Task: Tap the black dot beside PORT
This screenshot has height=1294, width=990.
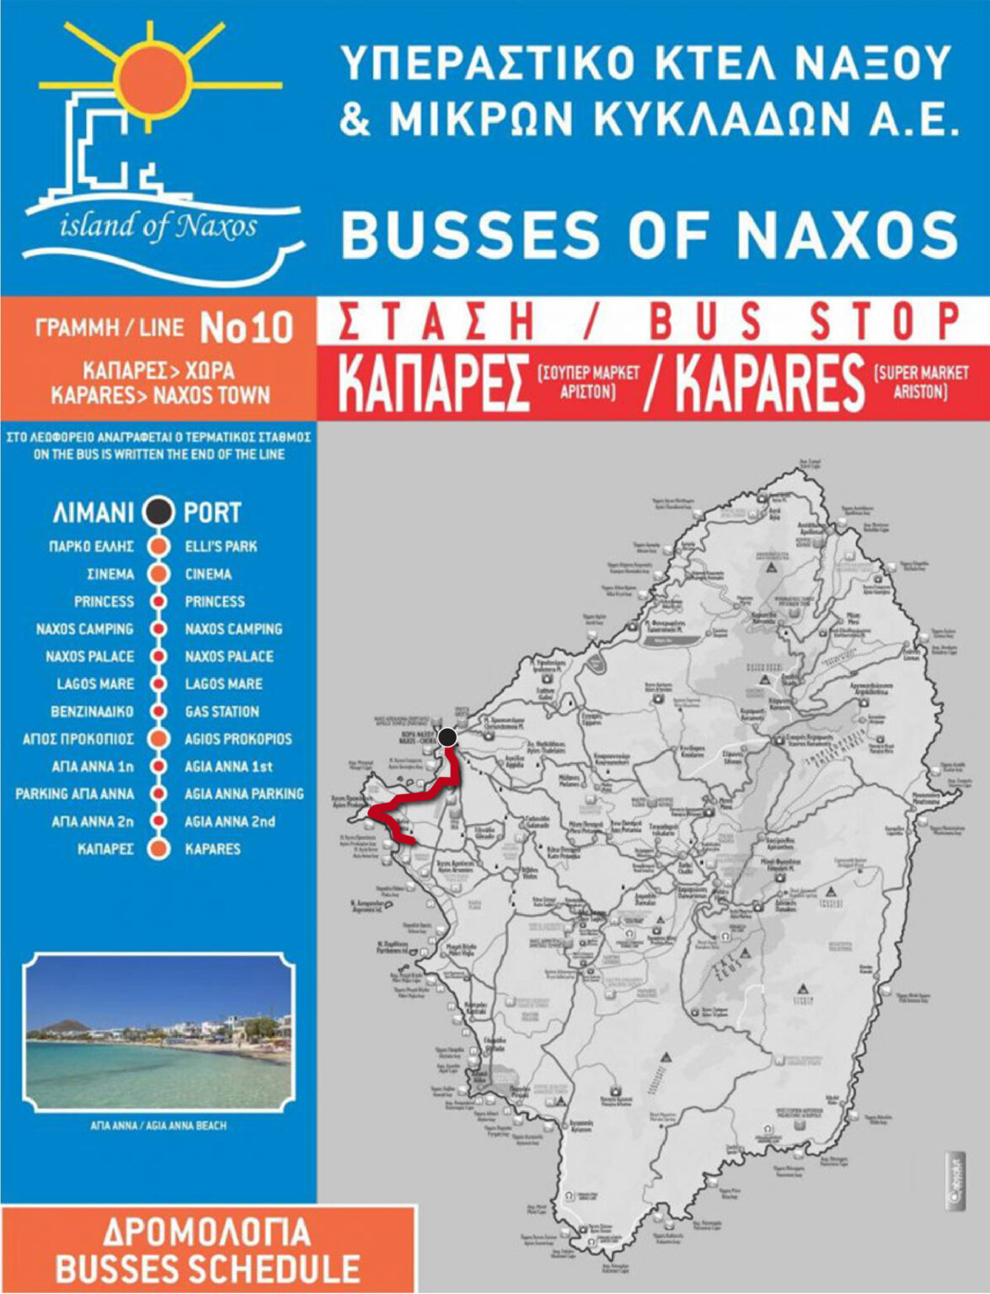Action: click(x=158, y=512)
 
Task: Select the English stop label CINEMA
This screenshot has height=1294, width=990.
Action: click(x=208, y=574)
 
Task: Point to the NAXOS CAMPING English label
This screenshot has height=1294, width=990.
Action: click(x=233, y=628)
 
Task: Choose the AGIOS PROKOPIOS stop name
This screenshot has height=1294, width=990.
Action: click(x=238, y=739)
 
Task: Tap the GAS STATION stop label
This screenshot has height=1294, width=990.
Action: click(x=222, y=711)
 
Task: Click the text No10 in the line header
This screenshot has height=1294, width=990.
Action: click(x=246, y=329)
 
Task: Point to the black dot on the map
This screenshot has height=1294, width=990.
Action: click(x=447, y=737)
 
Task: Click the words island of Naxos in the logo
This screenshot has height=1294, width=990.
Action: click(x=158, y=226)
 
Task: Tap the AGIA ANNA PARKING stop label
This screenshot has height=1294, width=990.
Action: click(x=244, y=794)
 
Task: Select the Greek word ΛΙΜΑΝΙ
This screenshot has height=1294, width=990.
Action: click(x=93, y=512)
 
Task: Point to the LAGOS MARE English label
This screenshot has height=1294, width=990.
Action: click(x=223, y=683)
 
